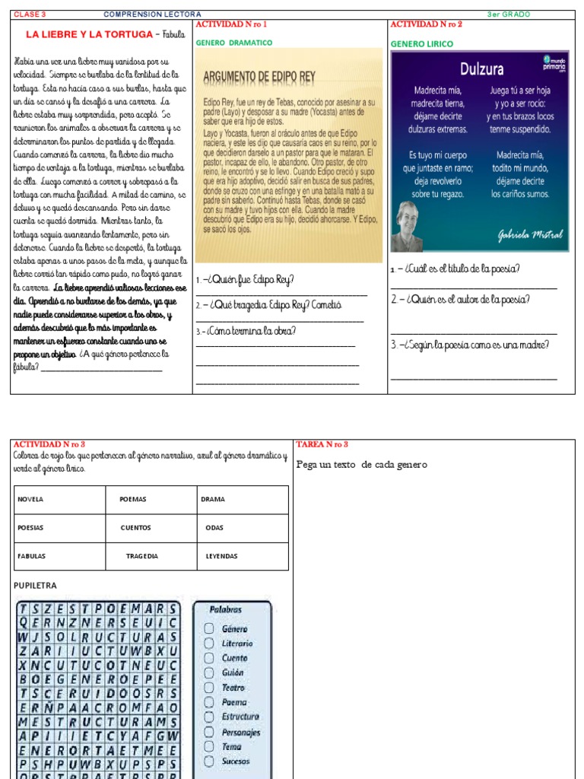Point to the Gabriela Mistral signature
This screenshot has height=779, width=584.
[x=530, y=235]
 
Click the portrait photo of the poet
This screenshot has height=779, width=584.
[x=408, y=226]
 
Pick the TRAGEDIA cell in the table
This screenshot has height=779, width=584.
[x=142, y=556]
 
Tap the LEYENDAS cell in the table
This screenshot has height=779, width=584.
[x=221, y=556]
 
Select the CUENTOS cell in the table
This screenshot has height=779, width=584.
[x=135, y=527]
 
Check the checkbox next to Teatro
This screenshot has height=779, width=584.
[x=208, y=688]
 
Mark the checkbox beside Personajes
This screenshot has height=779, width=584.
[x=208, y=732]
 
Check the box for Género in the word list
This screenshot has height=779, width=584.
[x=208, y=628]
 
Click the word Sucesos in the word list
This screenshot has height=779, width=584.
[x=236, y=761]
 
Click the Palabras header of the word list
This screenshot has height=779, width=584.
[x=226, y=609]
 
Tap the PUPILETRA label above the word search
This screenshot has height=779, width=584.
[x=36, y=585]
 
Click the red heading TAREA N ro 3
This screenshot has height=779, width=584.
[x=322, y=444]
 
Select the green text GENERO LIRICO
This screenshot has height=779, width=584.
[x=421, y=44]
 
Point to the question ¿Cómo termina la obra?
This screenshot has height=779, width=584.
[x=246, y=331]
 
